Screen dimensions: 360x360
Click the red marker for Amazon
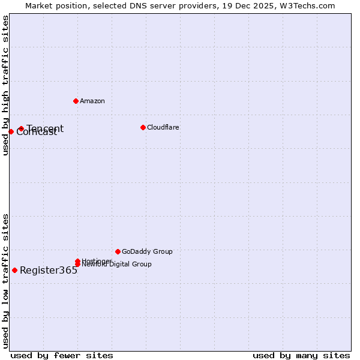point(76,101)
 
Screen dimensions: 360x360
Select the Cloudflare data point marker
point(143,127)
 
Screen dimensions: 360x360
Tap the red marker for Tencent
point(21,128)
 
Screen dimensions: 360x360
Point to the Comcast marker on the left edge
point(11,131)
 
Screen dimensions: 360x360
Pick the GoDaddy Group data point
point(118,251)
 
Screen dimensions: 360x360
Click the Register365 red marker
point(14,270)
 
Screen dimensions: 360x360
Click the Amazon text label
point(92,101)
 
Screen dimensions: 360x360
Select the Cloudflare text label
point(163,127)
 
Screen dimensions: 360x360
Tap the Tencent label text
point(45,128)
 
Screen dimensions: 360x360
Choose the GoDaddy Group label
point(147,251)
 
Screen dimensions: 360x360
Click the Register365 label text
point(49,270)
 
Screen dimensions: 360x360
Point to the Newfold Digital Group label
point(116,265)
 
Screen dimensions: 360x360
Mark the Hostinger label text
point(96,260)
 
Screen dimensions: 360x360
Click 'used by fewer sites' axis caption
point(62,355)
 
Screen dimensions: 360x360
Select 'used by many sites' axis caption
point(301,355)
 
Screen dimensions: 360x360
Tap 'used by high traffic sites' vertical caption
point(5,85)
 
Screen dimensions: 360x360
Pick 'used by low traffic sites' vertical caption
point(5,280)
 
